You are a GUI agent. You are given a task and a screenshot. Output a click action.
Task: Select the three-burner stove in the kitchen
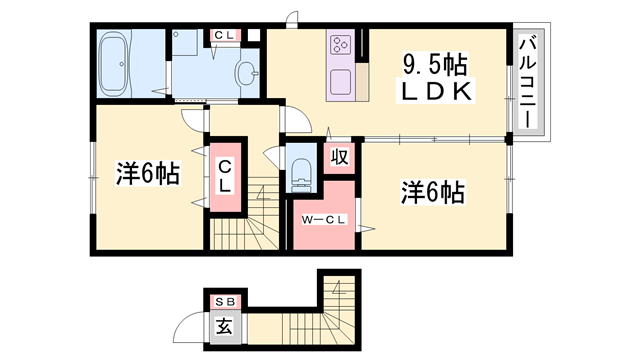pos(341,45)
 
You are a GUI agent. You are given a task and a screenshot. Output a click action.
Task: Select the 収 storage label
pos(340,157)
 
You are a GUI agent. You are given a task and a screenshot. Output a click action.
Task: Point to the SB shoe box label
pos(223,302)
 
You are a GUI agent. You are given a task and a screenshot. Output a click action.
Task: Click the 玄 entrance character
pos(223,325)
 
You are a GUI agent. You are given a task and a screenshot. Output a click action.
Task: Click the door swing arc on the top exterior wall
pos(291,18)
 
